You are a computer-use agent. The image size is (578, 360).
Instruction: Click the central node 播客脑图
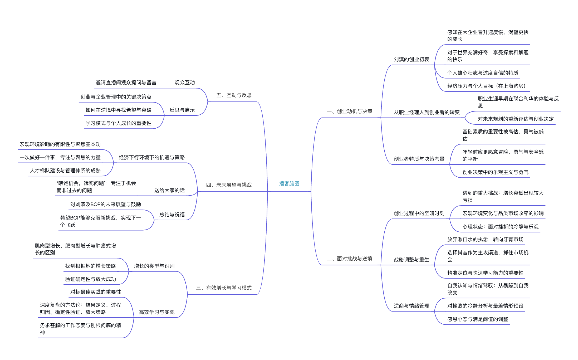289,184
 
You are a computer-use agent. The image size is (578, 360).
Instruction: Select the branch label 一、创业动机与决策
349,111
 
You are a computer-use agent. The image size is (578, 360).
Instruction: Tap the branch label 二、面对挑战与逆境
349,259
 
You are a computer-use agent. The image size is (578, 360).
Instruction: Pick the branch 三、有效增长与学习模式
224,288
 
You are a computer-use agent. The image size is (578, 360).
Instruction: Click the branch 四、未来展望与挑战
229,185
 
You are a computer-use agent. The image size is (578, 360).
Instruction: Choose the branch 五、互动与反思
234,95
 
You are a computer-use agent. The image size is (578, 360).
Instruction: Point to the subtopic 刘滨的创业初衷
411,60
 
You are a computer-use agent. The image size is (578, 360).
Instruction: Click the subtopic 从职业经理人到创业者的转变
427,113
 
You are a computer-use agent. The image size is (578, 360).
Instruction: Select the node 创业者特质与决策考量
419,159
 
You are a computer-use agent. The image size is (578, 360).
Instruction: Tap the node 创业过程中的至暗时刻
419,213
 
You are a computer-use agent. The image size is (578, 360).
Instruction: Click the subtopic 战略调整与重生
411,260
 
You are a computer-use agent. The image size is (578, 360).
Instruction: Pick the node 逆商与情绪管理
411,306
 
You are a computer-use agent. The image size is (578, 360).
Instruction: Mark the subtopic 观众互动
184,83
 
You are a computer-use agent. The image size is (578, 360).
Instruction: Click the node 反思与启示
182,110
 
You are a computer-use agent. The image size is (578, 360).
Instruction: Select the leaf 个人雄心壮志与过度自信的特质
483,73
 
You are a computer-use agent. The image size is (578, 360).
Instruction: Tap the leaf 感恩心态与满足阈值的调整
477,319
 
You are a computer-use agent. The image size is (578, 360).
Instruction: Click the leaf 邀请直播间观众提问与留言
126,83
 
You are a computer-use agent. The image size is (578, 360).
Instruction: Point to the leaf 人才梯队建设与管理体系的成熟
65,171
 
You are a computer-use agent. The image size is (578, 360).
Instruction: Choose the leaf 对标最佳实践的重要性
95,292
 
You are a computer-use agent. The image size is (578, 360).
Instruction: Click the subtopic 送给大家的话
169,191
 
